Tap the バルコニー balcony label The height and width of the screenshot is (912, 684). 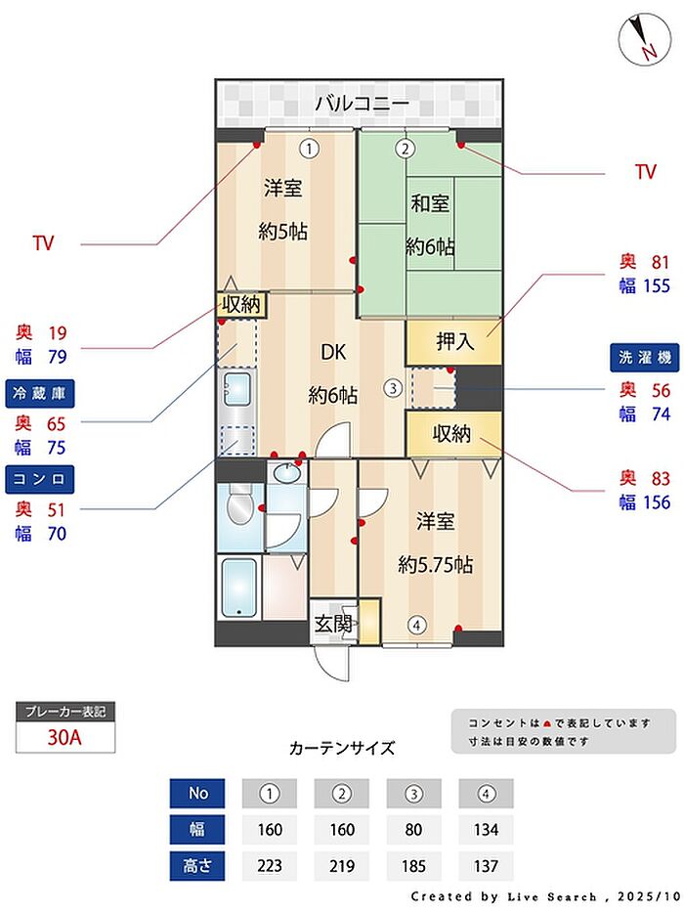[x=361, y=103]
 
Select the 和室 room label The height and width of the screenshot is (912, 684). [x=430, y=204]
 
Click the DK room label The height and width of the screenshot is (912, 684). [x=333, y=353]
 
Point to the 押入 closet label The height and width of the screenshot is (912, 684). [x=454, y=342]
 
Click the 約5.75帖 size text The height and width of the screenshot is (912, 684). [x=435, y=565]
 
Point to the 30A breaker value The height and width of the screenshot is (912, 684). [x=64, y=737]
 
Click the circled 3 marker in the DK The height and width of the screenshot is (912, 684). [x=392, y=387]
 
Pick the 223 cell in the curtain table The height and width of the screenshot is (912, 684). [x=270, y=866]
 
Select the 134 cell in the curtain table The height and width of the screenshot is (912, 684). [x=485, y=830]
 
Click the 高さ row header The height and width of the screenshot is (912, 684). [x=196, y=866]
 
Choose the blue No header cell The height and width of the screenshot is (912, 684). [x=196, y=793]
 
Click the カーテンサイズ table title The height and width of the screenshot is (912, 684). [x=342, y=749]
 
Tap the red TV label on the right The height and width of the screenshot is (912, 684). [x=645, y=173]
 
